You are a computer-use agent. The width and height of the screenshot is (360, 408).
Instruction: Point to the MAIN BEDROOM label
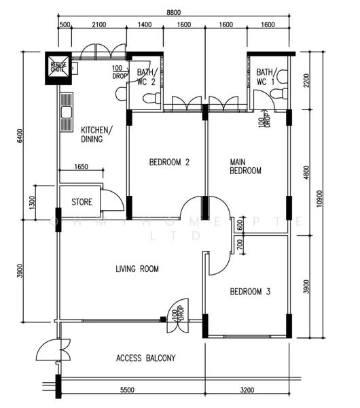245,167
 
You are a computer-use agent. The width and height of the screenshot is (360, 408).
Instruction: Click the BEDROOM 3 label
250,292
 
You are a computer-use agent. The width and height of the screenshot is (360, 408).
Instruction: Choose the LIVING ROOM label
137,269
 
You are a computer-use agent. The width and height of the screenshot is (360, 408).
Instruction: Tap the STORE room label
82,202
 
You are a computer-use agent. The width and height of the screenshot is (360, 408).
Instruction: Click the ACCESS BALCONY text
146,358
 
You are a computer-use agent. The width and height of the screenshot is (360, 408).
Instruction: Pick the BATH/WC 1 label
267,77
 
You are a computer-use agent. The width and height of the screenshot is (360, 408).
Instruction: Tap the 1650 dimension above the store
81,167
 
